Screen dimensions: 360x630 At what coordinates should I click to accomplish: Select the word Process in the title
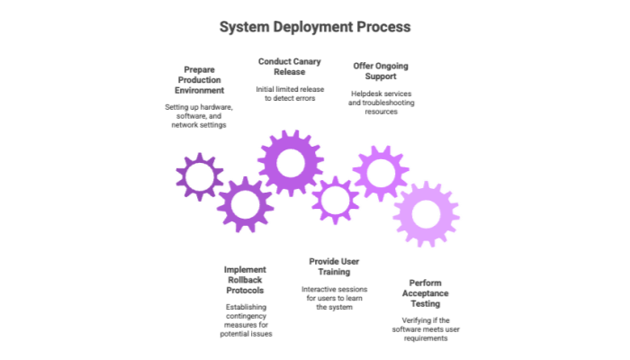(x=385, y=27)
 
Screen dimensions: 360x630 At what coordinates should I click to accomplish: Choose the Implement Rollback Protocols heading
(x=246, y=280)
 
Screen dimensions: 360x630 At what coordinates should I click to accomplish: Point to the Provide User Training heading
(x=334, y=265)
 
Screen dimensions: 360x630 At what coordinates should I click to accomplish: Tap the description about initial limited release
(x=289, y=93)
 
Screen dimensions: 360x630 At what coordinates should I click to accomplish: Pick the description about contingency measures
(x=246, y=319)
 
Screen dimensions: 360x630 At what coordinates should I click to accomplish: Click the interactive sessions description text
(x=334, y=298)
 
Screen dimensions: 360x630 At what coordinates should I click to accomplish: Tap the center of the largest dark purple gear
(x=290, y=163)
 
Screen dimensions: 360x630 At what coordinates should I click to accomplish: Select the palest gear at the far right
(x=426, y=214)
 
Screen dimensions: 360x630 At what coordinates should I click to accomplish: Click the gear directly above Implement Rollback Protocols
(x=244, y=204)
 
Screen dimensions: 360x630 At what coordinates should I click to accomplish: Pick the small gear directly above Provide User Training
(x=336, y=199)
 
